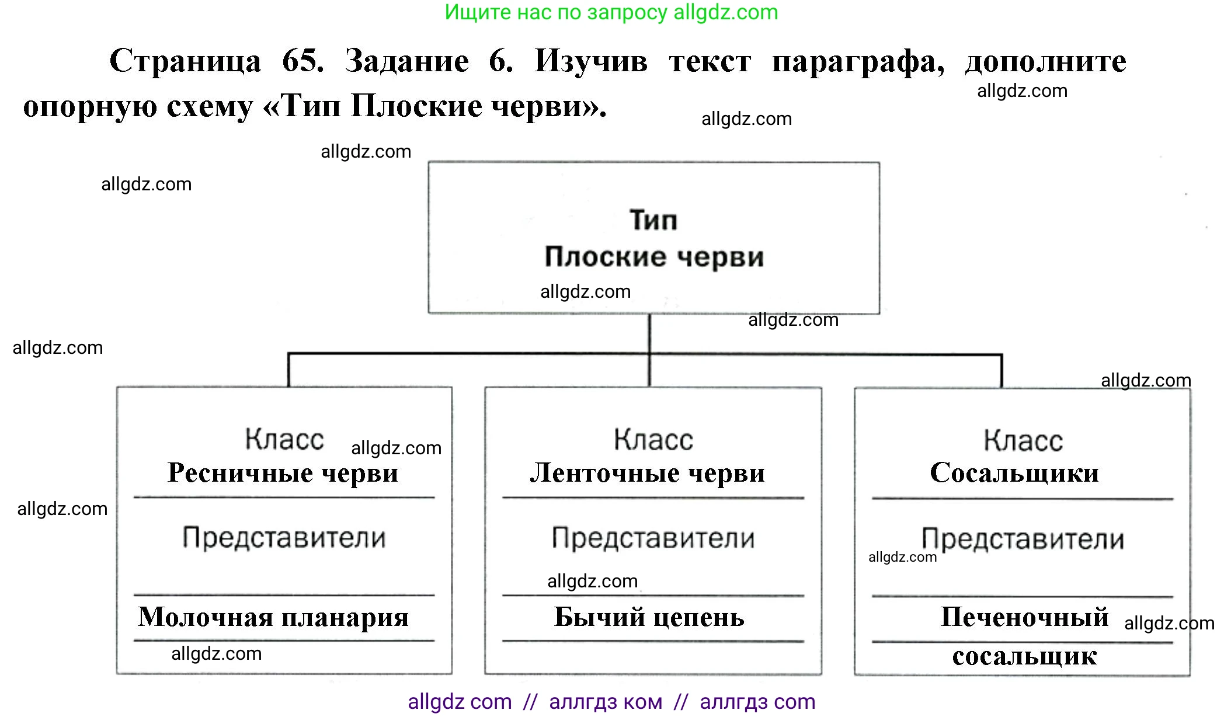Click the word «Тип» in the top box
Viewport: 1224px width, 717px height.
click(653, 220)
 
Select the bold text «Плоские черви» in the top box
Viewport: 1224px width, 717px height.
click(654, 257)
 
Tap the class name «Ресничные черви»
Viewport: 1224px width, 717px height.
click(283, 473)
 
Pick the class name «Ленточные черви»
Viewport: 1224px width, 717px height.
click(648, 473)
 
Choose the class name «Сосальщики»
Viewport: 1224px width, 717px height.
click(1014, 473)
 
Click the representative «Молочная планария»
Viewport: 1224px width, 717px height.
click(273, 617)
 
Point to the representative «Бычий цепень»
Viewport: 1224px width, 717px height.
click(649, 617)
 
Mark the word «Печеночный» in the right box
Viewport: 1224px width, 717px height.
click(1024, 617)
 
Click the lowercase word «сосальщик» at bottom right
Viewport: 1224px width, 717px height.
click(1024, 656)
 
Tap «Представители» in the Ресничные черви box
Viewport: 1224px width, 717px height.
click(284, 538)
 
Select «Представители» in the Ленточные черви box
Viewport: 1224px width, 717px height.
click(653, 538)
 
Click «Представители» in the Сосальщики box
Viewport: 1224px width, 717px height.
click(1023, 539)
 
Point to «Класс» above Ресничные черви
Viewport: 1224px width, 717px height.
click(284, 439)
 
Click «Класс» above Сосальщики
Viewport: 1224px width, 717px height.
click(1023, 440)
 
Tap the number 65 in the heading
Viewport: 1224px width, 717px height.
click(302, 61)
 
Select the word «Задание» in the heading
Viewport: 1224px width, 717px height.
click(406, 61)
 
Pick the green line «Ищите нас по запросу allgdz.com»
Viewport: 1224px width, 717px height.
click(611, 12)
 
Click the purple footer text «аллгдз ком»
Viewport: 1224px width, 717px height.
click(606, 702)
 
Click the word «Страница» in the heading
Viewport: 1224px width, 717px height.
click(185, 61)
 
